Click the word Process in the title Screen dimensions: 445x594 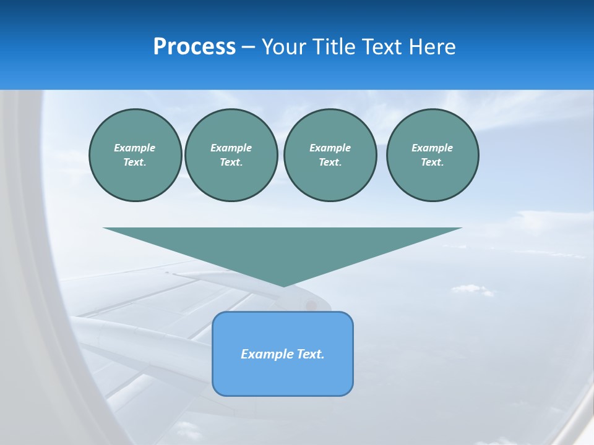[x=194, y=47]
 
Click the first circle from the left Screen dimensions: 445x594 [x=135, y=155]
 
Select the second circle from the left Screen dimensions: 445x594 [x=231, y=155]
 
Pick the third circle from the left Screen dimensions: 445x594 [x=330, y=155]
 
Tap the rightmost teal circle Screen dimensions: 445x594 [x=433, y=155]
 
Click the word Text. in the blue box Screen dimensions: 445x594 [x=309, y=354]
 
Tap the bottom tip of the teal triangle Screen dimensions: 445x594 [x=283, y=286]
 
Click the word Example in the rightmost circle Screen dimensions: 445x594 [x=433, y=148]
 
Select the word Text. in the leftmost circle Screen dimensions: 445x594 [x=135, y=163]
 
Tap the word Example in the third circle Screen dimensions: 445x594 [x=330, y=148]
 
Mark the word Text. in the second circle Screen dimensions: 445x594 [x=231, y=163]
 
